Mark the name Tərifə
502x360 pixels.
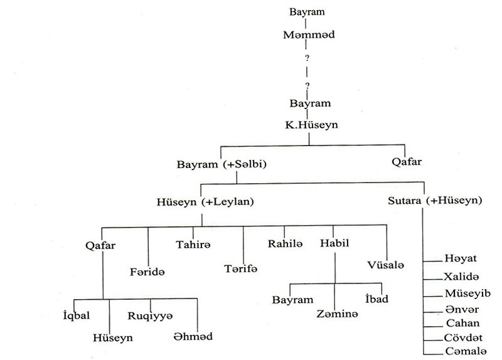pyautogui.click(x=242, y=268)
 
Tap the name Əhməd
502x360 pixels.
pyautogui.click(x=193, y=337)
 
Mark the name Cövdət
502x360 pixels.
pyautogui.click(x=462, y=339)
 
